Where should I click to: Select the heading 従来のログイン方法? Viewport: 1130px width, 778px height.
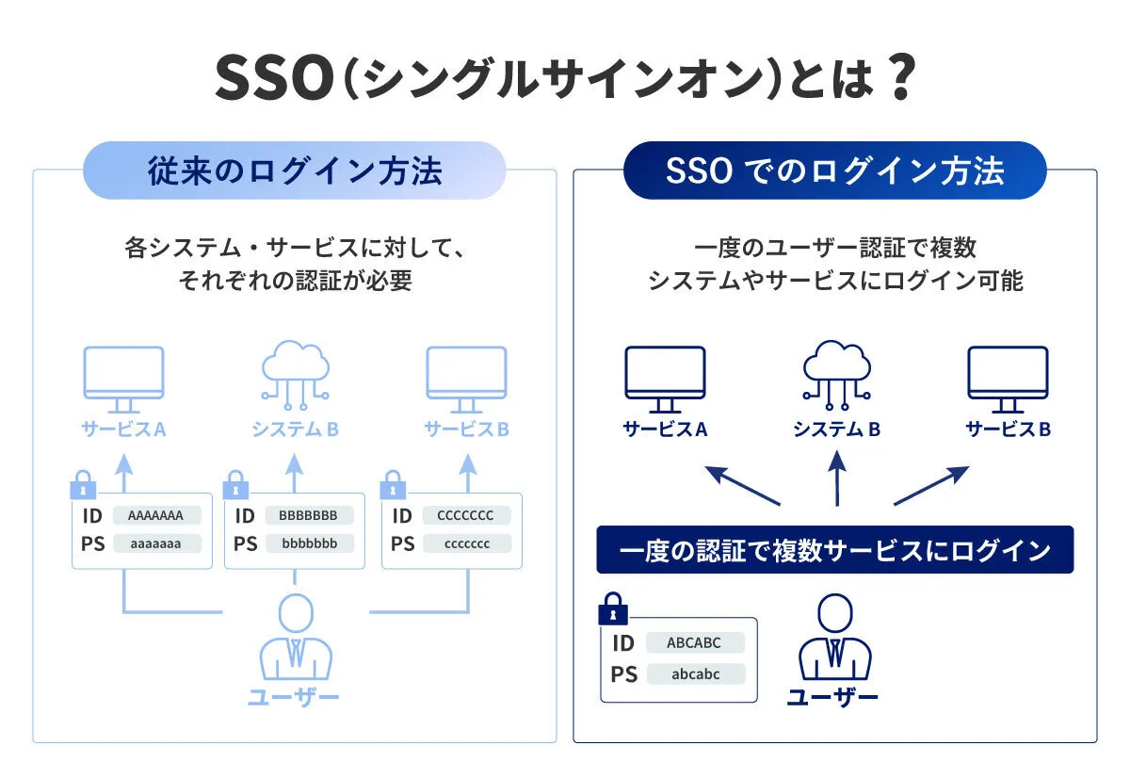point(295,170)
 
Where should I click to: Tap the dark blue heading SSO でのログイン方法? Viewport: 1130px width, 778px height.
point(834,170)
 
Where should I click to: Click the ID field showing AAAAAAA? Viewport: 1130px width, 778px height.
point(156,515)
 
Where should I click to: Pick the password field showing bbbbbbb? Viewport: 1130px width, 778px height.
point(309,543)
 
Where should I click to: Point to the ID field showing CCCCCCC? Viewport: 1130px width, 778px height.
point(466,515)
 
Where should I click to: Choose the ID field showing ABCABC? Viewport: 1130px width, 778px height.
point(695,643)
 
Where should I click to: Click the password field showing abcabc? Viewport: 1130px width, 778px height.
point(695,674)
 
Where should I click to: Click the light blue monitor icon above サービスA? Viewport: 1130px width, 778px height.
point(123,378)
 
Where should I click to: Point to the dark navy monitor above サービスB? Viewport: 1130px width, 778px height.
point(1008,378)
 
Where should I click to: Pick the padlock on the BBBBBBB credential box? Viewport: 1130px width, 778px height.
point(235,488)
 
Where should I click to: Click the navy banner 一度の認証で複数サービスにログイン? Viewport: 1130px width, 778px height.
point(834,550)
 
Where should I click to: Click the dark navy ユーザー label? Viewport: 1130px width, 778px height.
point(832,698)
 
